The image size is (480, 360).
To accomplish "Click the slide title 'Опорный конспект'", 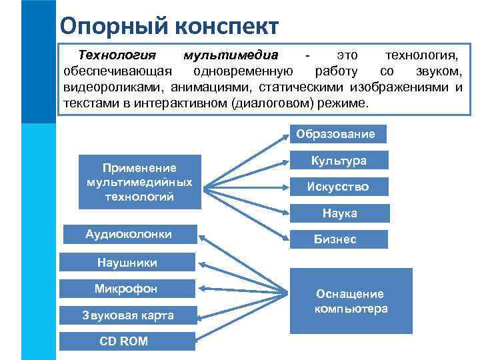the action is pos(169,26).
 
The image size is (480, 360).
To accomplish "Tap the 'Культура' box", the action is pos(339,161).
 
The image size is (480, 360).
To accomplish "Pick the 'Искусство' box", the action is pos(338,187).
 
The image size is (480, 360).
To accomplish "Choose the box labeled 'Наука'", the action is pos(339,213).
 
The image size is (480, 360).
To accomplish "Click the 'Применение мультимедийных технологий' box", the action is pos(139,182).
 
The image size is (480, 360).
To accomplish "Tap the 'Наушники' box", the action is pos(127,263).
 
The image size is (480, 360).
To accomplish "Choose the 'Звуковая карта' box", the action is pos(127,315).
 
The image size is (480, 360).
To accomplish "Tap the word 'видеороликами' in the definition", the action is pos(114,88).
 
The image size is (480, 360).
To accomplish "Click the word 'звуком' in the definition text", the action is pos(439,71).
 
